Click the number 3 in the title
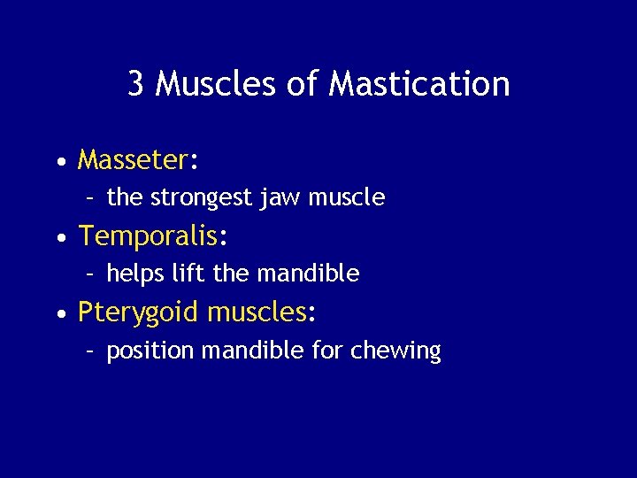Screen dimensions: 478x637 click(x=136, y=84)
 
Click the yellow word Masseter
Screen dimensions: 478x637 click(x=133, y=160)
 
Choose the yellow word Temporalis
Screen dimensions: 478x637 click(x=148, y=236)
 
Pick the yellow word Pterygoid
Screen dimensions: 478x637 click(x=138, y=313)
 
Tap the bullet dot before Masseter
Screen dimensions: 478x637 click(x=58, y=163)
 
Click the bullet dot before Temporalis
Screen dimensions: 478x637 click(x=58, y=239)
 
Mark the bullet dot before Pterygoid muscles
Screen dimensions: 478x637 click(x=58, y=316)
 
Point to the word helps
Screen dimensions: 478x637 click(x=134, y=274)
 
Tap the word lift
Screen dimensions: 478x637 click(x=187, y=274)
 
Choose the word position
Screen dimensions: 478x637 click(x=150, y=351)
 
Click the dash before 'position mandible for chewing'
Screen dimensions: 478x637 click(x=91, y=351)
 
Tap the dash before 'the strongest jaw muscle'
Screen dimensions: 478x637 click(x=91, y=198)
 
